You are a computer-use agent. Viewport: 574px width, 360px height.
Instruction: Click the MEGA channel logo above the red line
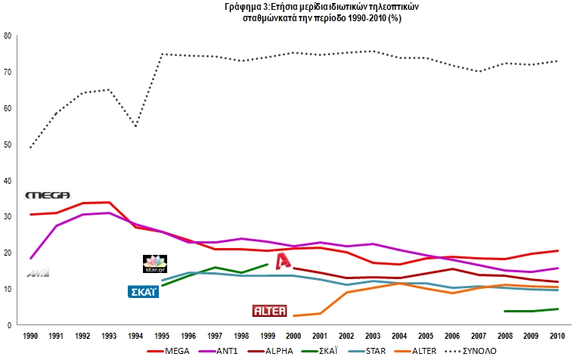pyautogui.click(x=48, y=195)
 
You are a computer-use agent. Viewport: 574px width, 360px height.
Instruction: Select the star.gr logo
pyautogui.click(x=154, y=263)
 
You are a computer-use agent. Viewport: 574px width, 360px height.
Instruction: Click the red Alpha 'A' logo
pyautogui.click(x=283, y=262)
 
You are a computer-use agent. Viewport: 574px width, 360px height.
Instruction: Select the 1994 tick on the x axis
pyautogui.click(x=136, y=335)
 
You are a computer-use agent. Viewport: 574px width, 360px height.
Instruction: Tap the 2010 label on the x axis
pyautogui.click(x=557, y=335)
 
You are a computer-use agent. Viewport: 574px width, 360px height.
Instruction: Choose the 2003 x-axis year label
pyautogui.click(x=373, y=335)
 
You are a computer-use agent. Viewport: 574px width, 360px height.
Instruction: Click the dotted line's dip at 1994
pyautogui.click(x=136, y=126)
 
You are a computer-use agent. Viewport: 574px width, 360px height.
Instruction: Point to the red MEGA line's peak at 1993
pyautogui.click(x=110, y=202)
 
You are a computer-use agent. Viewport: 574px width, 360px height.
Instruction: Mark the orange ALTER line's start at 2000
pyautogui.click(x=293, y=315)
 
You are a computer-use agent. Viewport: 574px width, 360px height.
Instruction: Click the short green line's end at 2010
pyautogui.click(x=557, y=309)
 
